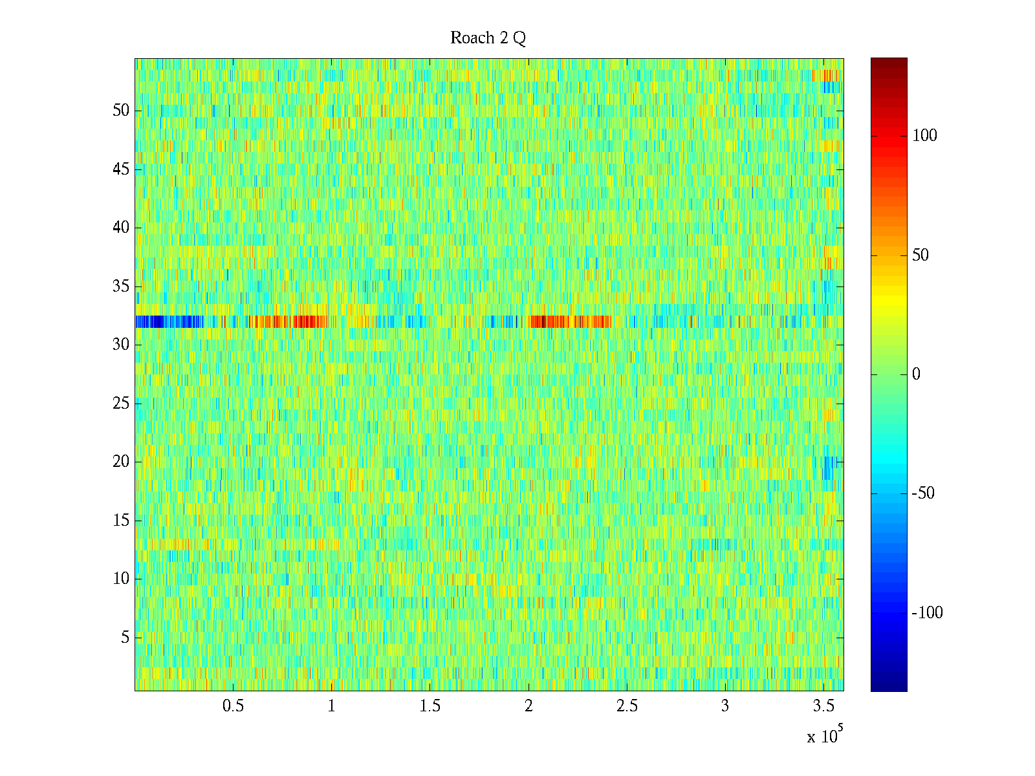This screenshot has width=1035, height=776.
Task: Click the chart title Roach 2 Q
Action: tap(488, 38)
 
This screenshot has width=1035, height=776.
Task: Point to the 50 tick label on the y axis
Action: tap(121, 110)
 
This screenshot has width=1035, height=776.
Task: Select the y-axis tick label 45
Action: tap(121, 169)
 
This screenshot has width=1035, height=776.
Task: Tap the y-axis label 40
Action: tap(121, 228)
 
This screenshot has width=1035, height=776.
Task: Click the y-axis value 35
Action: tap(121, 286)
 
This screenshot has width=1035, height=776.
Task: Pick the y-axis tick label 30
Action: tap(121, 345)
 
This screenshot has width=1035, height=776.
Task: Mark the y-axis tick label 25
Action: tap(121, 404)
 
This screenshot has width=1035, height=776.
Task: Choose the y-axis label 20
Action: tap(121, 461)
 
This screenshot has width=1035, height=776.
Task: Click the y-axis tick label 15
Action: tap(121, 520)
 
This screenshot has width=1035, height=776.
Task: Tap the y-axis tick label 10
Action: tap(121, 578)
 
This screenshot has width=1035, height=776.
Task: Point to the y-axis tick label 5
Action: tap(125, 637)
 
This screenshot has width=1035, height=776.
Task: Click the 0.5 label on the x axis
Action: tap(233, 706)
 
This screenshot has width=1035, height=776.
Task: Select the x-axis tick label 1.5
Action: tap(430, 706)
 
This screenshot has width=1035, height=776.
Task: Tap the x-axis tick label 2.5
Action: tap(627, 706)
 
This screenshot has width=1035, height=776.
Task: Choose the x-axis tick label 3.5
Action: tap(823, 706)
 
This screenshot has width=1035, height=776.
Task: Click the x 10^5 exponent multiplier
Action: tap(825, 735)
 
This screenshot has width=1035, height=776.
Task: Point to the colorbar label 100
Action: tap(924, 136)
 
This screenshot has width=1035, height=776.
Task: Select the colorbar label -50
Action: tap(923, 493)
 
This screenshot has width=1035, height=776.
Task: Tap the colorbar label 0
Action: tap(916, 374)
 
